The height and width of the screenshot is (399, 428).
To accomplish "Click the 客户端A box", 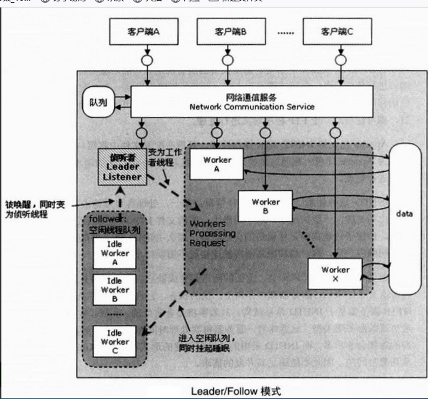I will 143,32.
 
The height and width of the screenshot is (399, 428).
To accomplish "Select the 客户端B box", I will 230,32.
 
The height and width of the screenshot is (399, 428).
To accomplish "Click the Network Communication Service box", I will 251,102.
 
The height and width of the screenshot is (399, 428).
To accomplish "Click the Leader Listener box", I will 122,167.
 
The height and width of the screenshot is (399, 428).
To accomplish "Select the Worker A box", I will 217,164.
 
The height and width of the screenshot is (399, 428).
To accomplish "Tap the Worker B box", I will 265,206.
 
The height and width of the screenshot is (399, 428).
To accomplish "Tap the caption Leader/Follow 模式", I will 236,391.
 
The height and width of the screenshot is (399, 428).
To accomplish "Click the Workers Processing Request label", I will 213,233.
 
